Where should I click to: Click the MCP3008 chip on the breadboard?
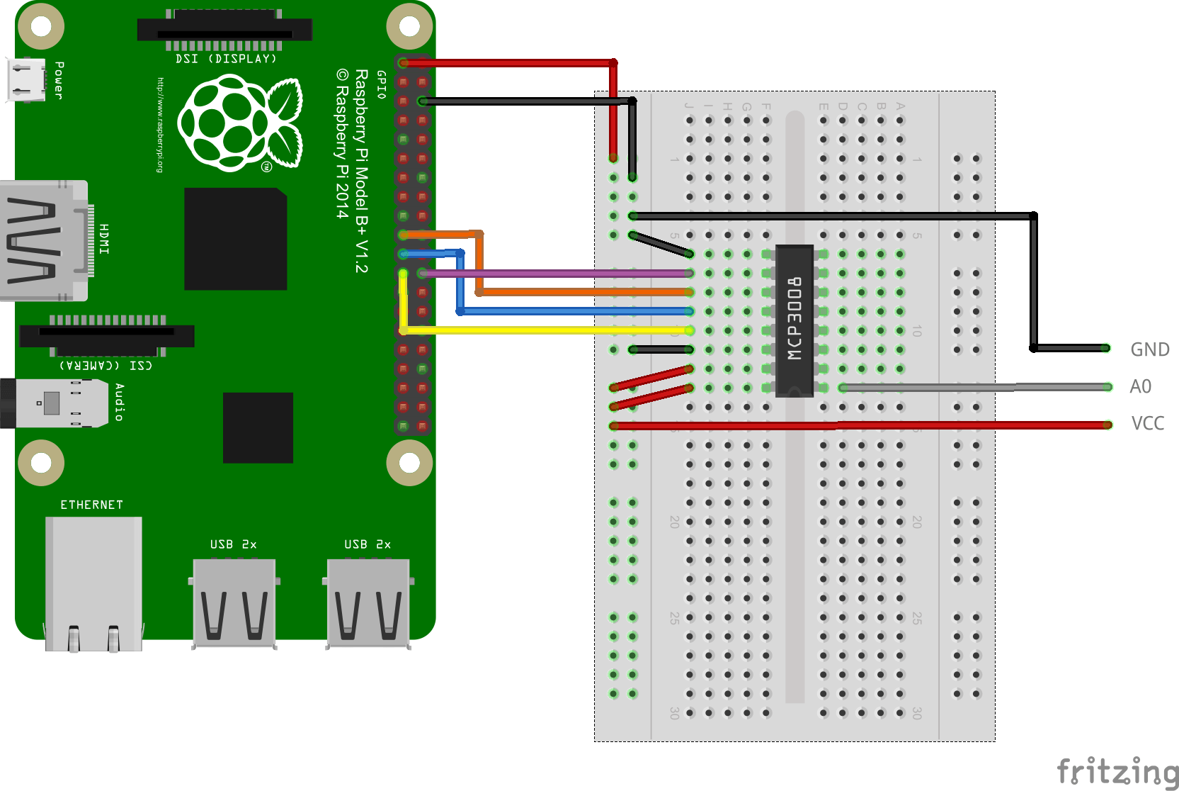794,320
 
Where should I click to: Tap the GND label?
1149,349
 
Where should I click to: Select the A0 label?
1140,386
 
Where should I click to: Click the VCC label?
1147,424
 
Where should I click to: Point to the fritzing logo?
1117,772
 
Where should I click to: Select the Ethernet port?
93,581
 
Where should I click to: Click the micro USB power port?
26,80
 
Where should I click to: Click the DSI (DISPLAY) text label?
226,59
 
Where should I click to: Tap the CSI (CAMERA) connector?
106,335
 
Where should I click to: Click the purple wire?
552,273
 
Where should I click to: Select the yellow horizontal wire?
545,330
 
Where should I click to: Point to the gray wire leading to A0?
977,387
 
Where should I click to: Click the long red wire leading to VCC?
850,425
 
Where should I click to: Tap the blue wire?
574,311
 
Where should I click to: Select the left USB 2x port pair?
234,602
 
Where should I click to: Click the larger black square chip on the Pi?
235,239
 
